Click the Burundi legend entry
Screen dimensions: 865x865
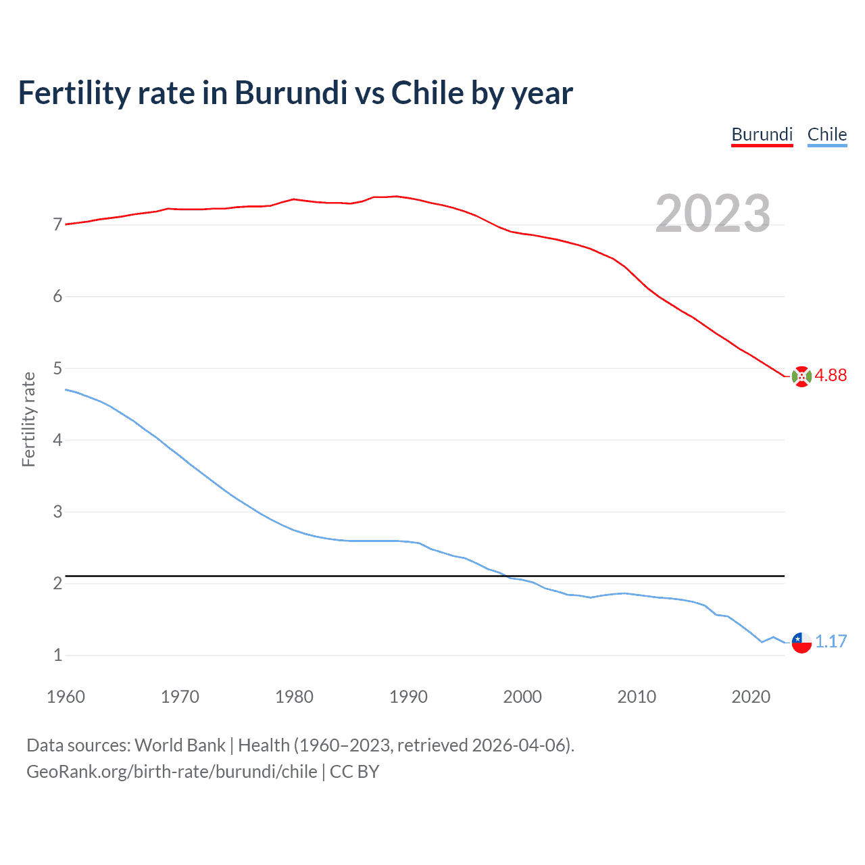(x=762, y=134)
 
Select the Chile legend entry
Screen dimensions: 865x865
(x=826, y=134)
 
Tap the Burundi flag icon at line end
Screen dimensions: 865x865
(x=801, y=376)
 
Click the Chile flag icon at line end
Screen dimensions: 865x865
(x=801, y=643)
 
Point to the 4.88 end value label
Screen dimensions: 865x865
(x=831, y=375)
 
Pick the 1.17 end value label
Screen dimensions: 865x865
(x=831, y=641)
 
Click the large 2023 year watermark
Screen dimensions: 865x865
(x=712, y=214)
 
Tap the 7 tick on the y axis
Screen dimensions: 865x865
(x=57, y=224)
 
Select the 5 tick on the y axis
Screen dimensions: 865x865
(x=57, y=368)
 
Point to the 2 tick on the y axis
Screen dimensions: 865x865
(x=57, y=583)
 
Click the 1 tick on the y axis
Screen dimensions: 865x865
(x=57, y=655)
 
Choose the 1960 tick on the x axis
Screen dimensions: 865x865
(x=66, y=697)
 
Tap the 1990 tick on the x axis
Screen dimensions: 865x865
(x=408, y=697)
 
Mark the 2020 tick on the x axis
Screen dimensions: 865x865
(x=751, y=697)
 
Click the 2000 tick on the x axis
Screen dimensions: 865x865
(x=522, y=697)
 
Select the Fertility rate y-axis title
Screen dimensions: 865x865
(x=28, y=419)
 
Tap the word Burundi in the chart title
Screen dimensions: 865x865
(x=291, y=93)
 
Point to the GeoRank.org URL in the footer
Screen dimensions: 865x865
(x=172, y=772)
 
